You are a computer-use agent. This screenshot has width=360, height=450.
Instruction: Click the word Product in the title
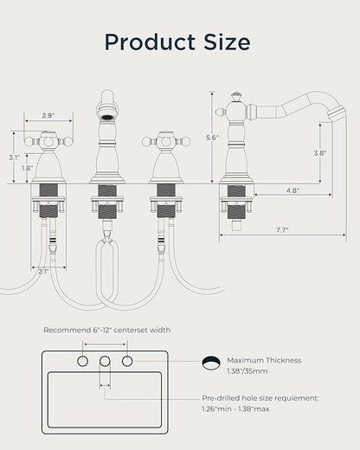click(x=150, y=42)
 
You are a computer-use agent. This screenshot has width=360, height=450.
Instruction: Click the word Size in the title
click(x=227, y=42)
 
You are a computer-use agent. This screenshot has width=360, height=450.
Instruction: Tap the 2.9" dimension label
click(x=48, y=116)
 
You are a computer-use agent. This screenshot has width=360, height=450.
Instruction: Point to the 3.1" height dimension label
click(x=14, y=157)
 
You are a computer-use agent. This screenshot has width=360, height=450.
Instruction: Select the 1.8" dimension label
click(x=28, y=168)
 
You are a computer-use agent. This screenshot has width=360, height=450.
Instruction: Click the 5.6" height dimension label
click(x=212, y=138)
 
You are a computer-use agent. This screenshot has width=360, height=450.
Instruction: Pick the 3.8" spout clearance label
click(x=320, y=153)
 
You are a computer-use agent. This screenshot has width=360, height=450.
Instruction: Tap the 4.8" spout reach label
click(x=292, y=190)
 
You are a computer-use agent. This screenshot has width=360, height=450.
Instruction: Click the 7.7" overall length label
click(x=282, y=230)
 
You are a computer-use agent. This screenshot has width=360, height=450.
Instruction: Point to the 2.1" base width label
click(x=43, y=271)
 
